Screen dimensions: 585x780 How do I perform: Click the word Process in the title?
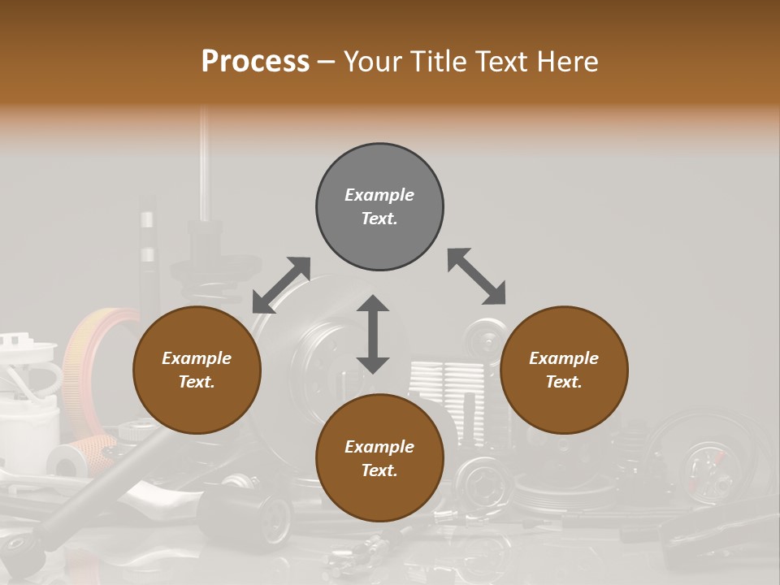pos(255,62)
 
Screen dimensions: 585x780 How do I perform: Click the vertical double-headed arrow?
pos(373,334)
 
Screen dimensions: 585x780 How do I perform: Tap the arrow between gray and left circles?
pos(281,285)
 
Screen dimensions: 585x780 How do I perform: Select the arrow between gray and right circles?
pos(476,276)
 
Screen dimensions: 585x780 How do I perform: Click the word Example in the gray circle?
pos(379,195)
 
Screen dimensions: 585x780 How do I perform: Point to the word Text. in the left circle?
pos(197,382)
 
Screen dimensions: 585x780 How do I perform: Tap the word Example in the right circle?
pos(564,358)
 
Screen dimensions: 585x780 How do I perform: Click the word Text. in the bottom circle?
pos(379,470)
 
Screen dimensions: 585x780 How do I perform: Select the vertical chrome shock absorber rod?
pos(204,162)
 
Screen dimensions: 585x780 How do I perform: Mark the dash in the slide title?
pos(326,63)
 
